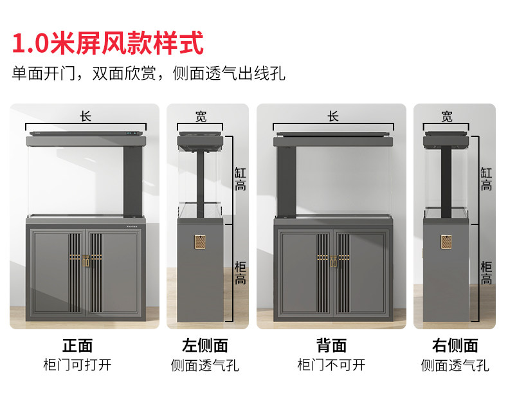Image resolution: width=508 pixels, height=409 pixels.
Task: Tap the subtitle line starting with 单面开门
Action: (x=149, y=73)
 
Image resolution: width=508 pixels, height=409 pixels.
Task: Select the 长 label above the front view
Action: (x=86, y=116)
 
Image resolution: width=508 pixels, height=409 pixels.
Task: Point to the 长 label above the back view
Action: (x=332, y=116)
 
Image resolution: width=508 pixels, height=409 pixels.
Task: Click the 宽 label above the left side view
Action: (x=201, y=116)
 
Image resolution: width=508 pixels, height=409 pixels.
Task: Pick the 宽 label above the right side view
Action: (x=447, y=116)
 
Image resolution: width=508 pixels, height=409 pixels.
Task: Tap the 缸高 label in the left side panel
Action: (x=239, y=179)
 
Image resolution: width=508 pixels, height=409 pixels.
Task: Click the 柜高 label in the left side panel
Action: (x=239, y=273)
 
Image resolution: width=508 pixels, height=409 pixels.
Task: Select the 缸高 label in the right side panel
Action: (x=486, y=179)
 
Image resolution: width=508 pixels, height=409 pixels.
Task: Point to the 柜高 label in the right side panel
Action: (x=486, y=273)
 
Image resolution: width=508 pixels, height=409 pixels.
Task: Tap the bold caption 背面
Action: (x=332, y=346)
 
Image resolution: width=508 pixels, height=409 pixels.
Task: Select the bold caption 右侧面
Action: (x=455, y=346)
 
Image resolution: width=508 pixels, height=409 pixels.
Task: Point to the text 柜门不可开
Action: (x=332, y=365)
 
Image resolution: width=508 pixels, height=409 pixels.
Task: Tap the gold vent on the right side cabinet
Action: (x=447, y=242)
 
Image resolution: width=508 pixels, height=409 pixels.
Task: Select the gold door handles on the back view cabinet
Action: (x=333, y=263)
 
